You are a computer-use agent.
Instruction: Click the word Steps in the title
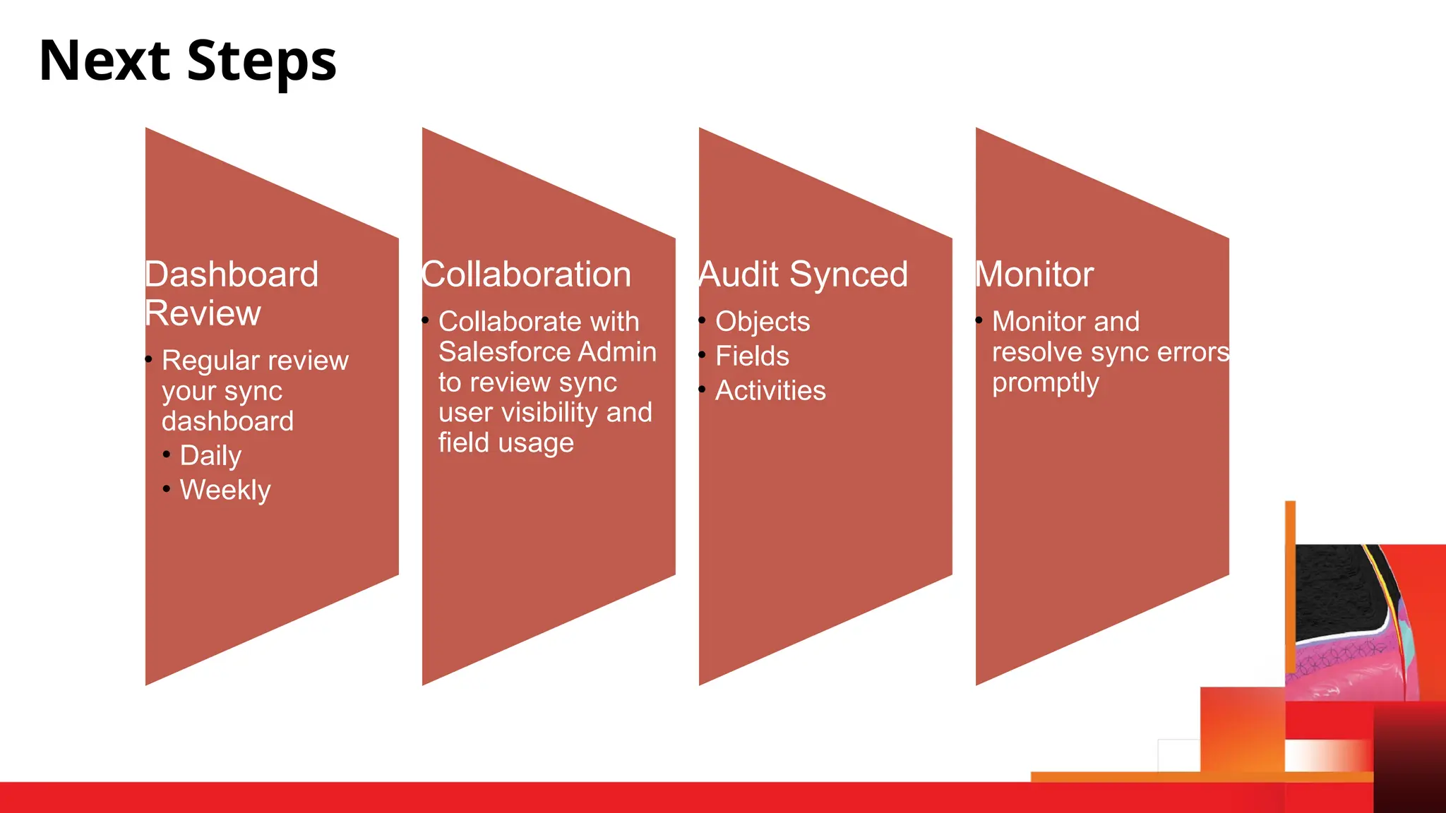coord(262,61)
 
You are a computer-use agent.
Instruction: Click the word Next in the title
coord(104,61)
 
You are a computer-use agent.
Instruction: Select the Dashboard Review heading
coord(231,294)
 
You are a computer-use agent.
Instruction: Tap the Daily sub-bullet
coord(210,456)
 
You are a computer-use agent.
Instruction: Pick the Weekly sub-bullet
coord(225,490)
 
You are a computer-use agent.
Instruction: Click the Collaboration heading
coord(526,275)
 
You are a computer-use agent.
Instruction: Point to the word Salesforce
coord(503,352)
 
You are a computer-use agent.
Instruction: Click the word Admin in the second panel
coord(626,352)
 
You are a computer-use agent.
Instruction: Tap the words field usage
coord(506,443)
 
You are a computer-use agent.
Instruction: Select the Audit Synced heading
coord(803,275)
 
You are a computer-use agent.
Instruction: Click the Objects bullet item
coord(763,322)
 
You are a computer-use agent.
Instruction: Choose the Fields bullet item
coord(752,356)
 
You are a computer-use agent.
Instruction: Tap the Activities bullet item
coord(770,391)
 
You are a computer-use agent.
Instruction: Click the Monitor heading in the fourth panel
coord(1034,275)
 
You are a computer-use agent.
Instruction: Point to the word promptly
coord(1046,383)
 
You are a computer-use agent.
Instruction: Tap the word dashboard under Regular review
coord(227,421)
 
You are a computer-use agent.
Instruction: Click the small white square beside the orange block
coord(1178,755)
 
